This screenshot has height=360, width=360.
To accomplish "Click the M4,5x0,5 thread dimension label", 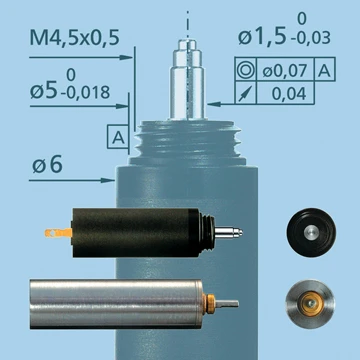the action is pos(74,38).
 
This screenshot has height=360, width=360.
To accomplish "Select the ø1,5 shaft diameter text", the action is pos(262,37).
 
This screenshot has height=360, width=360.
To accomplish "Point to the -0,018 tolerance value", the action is pos(85,93).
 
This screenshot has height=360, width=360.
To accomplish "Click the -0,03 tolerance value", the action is pos(310,38).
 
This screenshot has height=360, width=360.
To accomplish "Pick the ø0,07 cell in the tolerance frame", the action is pos(285,71).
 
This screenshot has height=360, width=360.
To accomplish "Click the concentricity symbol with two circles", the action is pos(245,70).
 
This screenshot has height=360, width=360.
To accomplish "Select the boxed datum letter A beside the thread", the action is pos(118,137).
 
